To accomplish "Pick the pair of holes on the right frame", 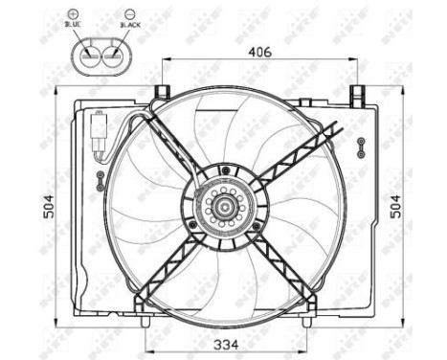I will point(361,146).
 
